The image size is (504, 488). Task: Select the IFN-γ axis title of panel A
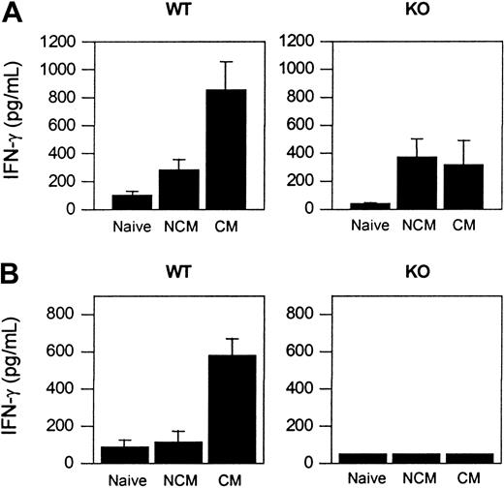click(x=20, y=127)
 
